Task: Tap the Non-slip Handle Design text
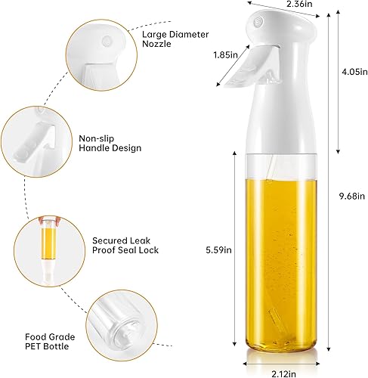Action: [110, 143]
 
